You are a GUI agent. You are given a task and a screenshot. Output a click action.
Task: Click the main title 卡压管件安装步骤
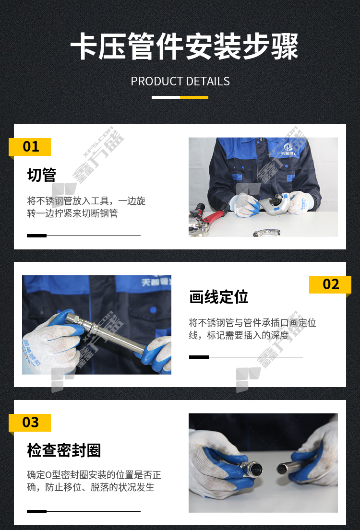click(184, 47)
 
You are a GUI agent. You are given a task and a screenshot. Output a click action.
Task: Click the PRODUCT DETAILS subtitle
click(180, 81)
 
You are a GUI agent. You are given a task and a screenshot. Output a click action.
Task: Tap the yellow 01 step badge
click(30, 147)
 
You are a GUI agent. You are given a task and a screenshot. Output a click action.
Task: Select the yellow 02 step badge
click(330, 284)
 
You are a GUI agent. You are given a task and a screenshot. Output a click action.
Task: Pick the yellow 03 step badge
click(30, 423)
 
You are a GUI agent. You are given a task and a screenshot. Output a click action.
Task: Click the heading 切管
click(42, 175)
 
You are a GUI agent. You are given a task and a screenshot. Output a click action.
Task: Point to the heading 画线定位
click(218, 297)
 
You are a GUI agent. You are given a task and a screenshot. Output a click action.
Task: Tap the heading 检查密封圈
click(64, 450)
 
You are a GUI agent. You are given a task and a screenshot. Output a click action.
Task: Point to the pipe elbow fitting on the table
click(266, 233)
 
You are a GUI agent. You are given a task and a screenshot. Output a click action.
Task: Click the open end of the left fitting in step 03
click(255, 469)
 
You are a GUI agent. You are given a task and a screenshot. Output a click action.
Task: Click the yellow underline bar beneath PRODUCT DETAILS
click(194, 97)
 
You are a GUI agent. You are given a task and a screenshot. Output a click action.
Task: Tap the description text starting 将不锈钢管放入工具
click(86, 207)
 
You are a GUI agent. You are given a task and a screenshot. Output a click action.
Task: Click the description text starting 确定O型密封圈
click(94, 481)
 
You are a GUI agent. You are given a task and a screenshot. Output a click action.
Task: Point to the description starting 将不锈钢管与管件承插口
click(252, 329)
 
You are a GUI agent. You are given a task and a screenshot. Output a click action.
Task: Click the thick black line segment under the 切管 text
click(36, 236)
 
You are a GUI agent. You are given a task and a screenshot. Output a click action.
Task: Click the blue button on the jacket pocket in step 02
click(153, 310)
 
